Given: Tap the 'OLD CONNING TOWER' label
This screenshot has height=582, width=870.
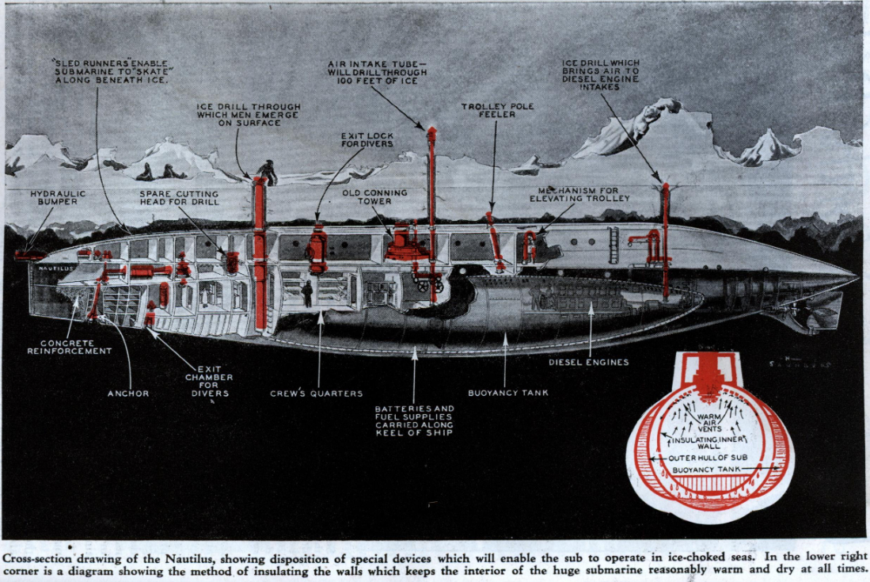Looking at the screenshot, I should [x=375, y=196].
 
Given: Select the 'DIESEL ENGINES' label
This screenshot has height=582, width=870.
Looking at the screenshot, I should [x=589, y=363].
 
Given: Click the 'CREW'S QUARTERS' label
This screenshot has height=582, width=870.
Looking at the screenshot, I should [x=317, y=393].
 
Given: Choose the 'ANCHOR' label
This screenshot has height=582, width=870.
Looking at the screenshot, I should [x=128, y=392].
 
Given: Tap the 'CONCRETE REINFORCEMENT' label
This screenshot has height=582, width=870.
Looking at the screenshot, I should [x=70, y=347].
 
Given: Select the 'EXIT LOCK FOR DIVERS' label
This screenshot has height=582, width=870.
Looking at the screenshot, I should [x=367, y=140].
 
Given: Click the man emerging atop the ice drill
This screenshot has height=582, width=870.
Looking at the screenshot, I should [x=268, y=172].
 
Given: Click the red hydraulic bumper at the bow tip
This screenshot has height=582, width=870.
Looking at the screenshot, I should [x=30, y=255].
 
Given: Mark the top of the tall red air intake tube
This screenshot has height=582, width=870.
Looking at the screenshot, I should [x=431, y=131].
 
